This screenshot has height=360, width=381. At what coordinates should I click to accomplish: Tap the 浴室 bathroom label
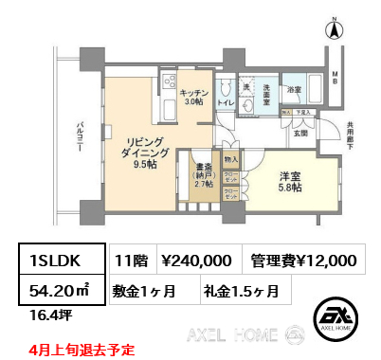[296, 91]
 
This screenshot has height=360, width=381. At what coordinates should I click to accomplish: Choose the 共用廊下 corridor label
[352, 137]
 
